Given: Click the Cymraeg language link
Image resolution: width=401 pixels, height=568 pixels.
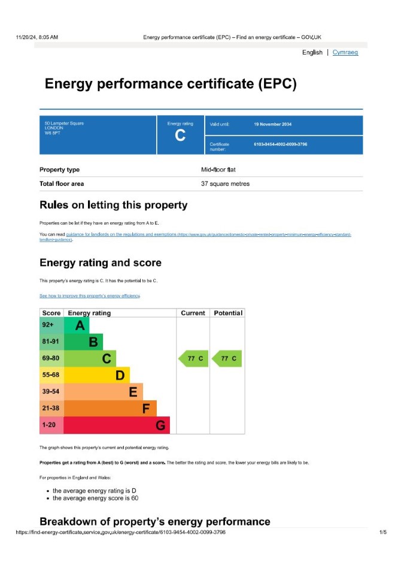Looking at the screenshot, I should click(345, 53).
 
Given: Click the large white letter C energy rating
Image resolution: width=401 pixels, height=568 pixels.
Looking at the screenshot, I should click(180, 136).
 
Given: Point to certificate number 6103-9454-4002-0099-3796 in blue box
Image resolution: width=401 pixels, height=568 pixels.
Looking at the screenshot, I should click(281, 144).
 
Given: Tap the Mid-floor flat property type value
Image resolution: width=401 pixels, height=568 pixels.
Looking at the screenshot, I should click(218, 170).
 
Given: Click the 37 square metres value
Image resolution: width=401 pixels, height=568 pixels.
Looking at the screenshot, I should click(225, 184).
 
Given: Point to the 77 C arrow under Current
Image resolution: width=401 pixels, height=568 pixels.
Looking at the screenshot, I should click(193, 359).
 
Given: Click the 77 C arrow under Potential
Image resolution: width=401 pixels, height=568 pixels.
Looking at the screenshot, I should click(227, 359).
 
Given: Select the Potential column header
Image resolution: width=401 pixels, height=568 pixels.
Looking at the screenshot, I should click(227, 313).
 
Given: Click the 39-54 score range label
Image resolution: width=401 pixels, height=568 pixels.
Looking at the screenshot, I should click(51, 392).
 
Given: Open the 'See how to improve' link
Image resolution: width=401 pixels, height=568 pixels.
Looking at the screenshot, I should click(90, 296).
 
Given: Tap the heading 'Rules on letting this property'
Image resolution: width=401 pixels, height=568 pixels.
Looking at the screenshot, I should click(113, 206).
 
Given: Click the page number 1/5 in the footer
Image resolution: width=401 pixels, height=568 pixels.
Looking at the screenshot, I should click(382, 532).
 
